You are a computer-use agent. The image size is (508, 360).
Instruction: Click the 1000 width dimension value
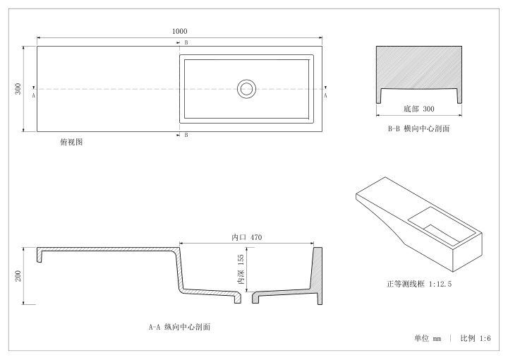point(179,31)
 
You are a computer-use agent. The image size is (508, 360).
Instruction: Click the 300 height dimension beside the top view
point(18,89)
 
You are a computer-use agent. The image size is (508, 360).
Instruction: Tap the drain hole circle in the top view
point(246,89)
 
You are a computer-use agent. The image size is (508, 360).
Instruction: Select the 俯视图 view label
point(71,142)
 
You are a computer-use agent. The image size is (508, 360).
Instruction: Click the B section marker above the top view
point(186,42)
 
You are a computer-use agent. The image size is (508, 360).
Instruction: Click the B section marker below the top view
point(186,135)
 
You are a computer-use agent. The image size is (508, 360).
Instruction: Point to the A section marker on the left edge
point(33,95)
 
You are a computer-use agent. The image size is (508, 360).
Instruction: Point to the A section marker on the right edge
point(325,95)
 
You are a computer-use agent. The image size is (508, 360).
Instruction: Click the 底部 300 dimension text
point(419,109)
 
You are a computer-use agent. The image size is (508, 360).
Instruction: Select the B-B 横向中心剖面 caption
point(419,128)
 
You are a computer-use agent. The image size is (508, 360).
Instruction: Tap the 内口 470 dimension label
point(246,237)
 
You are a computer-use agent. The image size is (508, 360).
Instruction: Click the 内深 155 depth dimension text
point(241,269)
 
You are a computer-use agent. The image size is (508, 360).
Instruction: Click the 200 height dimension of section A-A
point(18,276)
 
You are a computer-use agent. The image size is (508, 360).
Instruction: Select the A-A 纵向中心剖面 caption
point(179,327)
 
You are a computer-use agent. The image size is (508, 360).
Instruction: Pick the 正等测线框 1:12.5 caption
point(419,284)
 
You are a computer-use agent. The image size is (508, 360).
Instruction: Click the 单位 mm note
point(428,339)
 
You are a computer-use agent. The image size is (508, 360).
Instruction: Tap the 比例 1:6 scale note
point(476,339)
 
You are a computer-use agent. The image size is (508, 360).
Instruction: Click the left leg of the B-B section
point(378,96)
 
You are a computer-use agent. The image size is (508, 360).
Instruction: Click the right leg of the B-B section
point(459,96)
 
